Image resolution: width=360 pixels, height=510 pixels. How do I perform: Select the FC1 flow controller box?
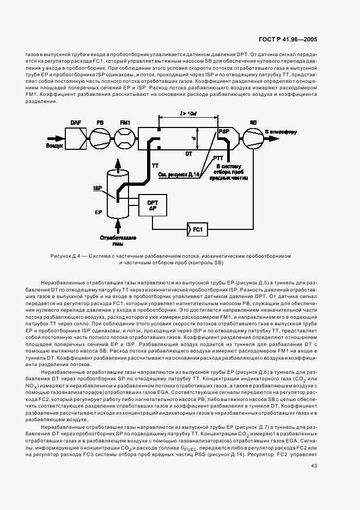(x=198, y=230)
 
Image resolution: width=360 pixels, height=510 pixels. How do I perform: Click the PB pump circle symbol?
(x=101, y=140)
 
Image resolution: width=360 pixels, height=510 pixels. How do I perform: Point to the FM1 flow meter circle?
(x=125, y=140)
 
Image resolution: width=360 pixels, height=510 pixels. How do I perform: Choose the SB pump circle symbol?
(x=253, y=140)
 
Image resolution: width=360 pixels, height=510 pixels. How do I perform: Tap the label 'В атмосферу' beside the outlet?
(x=282, y=131)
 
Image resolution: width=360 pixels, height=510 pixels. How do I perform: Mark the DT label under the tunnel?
(x=188, y=154)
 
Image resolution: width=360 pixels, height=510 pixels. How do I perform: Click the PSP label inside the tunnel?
(x=224, y=132)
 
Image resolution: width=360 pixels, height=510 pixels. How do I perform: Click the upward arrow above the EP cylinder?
(x=117, y=163)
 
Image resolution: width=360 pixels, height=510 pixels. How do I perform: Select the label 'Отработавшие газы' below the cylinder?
(x=117, y=241)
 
